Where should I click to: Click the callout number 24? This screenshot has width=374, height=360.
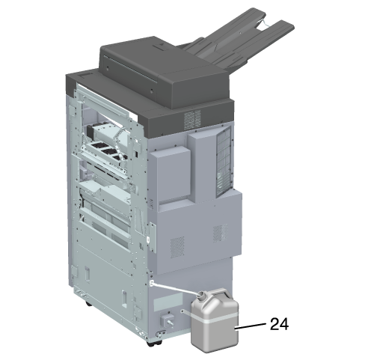(279, 324)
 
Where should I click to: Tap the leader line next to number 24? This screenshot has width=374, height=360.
(251, 326)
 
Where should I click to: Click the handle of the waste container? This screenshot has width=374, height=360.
(221, 293)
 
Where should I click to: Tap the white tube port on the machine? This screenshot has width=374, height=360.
(152, 283)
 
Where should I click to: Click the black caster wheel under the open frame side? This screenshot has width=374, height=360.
(88, 304)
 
